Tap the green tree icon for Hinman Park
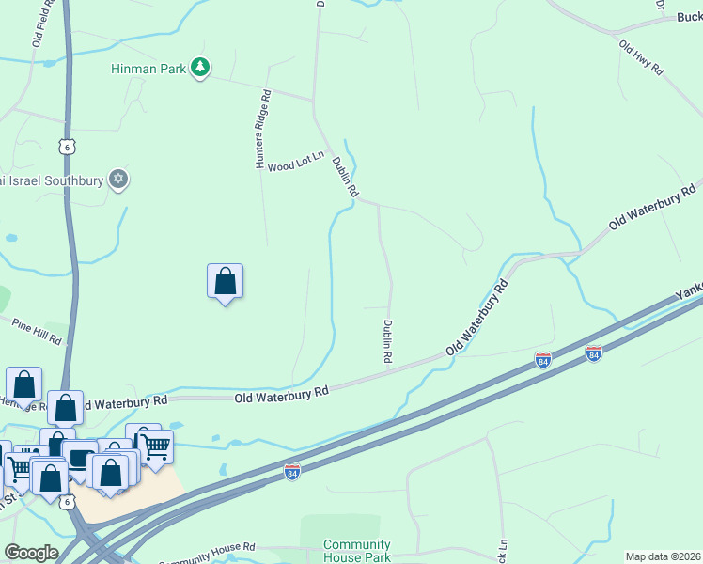199,68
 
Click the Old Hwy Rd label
641,57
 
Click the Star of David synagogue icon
117,179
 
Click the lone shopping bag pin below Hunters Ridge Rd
226,281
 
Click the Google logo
31,553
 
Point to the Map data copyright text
664,556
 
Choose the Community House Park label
356,551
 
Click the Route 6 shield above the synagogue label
65,147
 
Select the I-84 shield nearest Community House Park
292,473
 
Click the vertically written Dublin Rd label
386,342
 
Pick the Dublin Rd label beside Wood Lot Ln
345,176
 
